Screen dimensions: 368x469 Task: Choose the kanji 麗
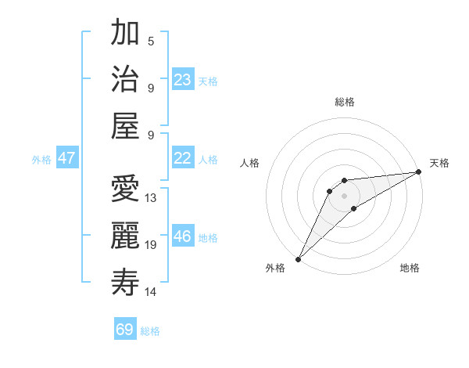(x=125, y=236)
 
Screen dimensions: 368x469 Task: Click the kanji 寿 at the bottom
(x=125, y=282)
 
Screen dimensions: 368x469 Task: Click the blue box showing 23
(x=183, y=80)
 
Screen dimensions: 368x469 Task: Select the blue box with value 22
(x=183, y=158)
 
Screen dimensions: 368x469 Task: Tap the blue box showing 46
(x=183, y=236)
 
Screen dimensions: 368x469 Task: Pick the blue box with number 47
(x=67, y=158)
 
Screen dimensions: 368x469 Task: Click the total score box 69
(x=125, y=330)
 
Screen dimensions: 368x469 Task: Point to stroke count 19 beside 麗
(x=151, y=245)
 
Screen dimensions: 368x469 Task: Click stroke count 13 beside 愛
(x=151, y=198)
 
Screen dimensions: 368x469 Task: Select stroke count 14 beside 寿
(x=151, y=292)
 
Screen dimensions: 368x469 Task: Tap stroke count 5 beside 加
(x=151, y=41)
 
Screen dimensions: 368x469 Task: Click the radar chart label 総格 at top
(x=344, y=102)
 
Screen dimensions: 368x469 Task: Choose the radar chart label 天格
(x=439, y=163)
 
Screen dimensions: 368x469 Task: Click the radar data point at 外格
(x=298, y=259)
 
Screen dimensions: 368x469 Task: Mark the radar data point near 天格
(x=420, y=171)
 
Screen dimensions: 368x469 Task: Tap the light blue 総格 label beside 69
(x=150, y=331)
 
